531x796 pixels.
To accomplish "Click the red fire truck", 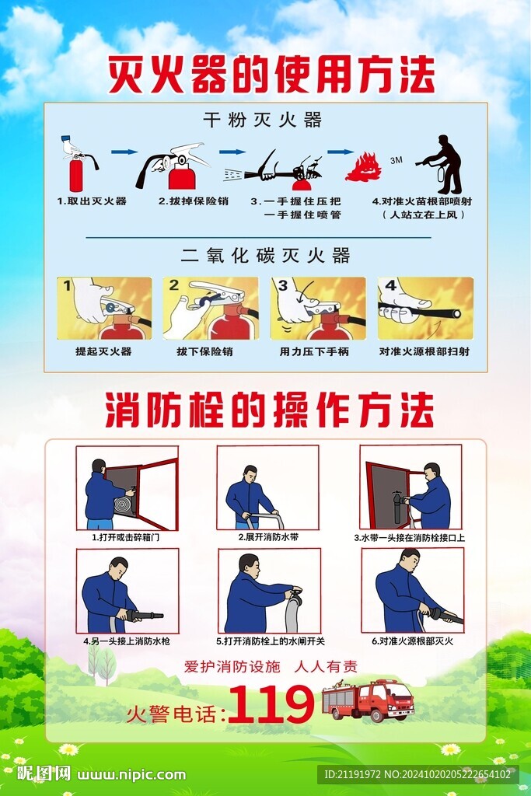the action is [x=368, y=700].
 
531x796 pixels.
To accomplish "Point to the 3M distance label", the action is [x=397, y=160].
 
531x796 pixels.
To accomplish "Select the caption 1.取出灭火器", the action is [x=92, y=201].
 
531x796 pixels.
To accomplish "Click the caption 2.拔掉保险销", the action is [x=194, y=201].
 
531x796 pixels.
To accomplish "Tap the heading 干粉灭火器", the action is [x=263, y=120].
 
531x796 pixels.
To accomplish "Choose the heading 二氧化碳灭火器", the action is [x=266, y=255].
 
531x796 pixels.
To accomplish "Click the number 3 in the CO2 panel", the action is [x=283, y=286].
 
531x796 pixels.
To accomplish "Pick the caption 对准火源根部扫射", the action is [x=424, y=351].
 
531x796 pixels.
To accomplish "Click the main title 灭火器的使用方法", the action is [x=271, y=75].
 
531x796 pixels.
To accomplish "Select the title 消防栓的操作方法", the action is [x=270, y=410].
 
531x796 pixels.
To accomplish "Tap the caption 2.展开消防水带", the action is [x=267, y=537].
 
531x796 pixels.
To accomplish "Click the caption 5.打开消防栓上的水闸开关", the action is [x=270, y=641].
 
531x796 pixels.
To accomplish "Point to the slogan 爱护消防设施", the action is [x=232, y=666].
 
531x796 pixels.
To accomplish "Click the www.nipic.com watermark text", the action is [x=131, y=775].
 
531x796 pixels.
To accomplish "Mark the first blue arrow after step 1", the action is [x=124, y=152].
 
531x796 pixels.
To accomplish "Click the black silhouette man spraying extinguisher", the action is [x=440, y=164].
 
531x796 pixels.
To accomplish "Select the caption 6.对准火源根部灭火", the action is [x=412, y=641].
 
